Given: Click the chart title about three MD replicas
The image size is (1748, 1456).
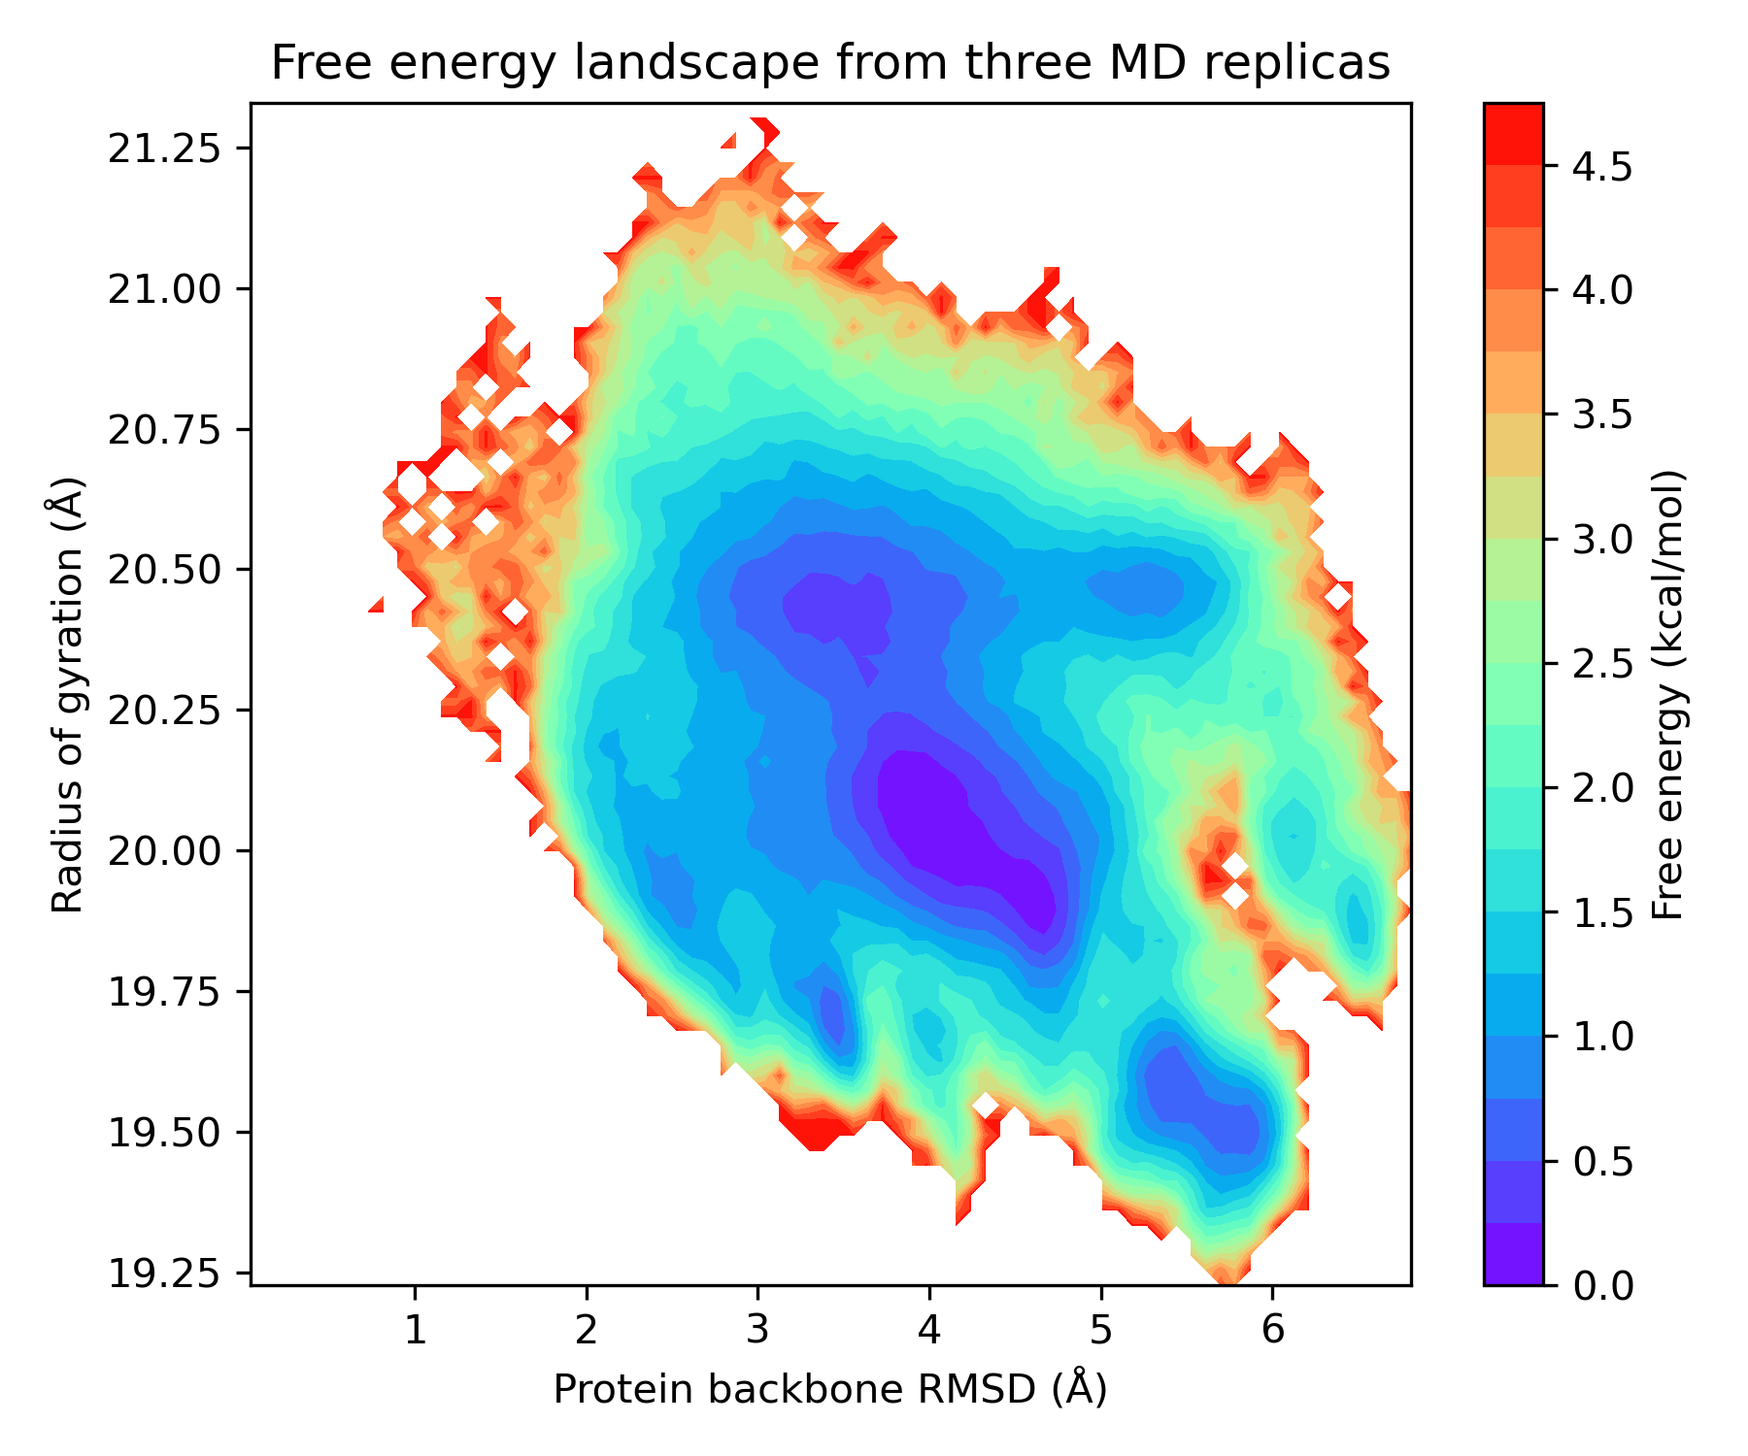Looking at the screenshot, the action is click(x=830, y=63).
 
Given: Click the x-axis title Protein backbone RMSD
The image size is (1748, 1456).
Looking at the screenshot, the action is click(x=830, y=1389).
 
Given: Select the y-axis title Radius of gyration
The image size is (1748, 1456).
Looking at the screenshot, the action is click(x=68, y=694).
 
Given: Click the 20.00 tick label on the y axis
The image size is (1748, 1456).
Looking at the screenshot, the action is click(x=165, y=850).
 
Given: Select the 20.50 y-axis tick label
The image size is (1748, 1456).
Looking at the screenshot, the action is click(x=165, y=570).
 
